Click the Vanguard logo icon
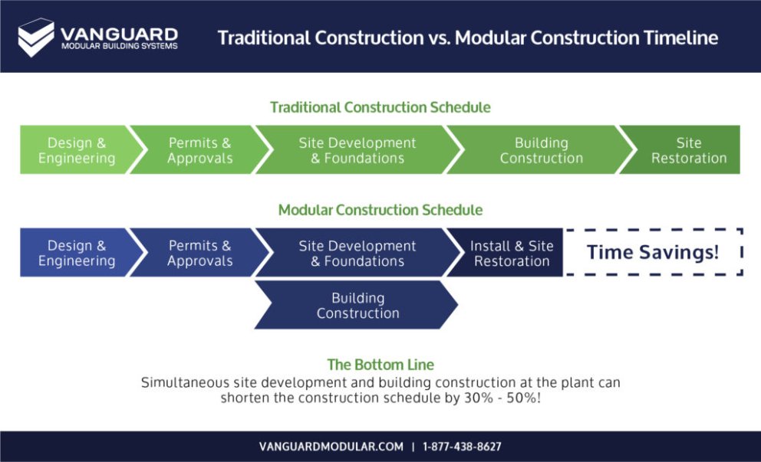[36, 38]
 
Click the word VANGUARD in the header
[119, 34]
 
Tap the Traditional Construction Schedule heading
[380, 107]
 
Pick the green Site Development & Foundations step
[357, 150]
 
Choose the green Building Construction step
[541, 150]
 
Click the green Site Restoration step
[688, 150]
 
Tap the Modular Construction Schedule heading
[380, 210]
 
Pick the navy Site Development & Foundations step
[357, 253]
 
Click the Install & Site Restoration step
[511, 253]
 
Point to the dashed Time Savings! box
[653, 252]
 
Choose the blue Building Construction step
[357, 305]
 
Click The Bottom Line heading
[380, 365]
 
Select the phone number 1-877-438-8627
[462, 446]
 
